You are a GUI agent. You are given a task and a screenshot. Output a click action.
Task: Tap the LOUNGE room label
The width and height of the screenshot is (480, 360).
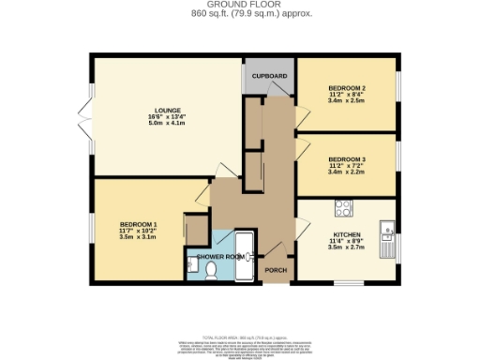(x=169, y=110)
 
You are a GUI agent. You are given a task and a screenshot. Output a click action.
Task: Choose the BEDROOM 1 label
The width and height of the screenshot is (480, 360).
(x=138, y=223)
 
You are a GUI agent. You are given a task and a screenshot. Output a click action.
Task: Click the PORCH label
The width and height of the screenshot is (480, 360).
(x=276, y=270)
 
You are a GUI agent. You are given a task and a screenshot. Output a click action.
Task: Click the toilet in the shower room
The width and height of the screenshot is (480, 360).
(x=211, y=270)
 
